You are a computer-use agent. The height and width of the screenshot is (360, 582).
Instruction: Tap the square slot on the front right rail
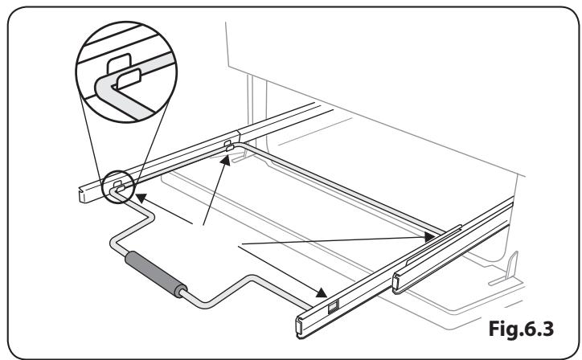(334, 305)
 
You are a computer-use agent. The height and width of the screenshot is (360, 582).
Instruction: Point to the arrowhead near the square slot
(322, 293)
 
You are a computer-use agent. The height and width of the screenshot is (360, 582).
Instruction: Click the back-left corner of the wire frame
(236, 149)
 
